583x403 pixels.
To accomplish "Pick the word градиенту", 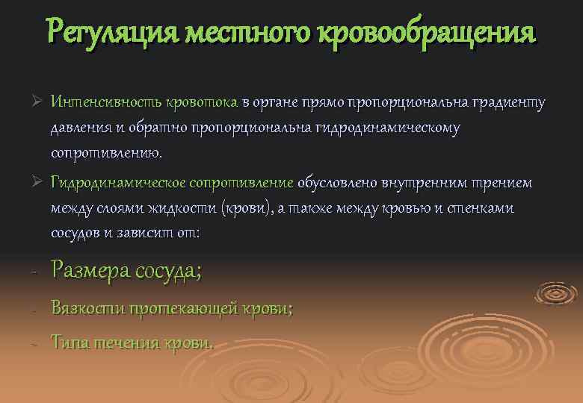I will click(x=500, y=102).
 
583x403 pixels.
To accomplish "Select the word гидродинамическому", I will click(x=389, y=128).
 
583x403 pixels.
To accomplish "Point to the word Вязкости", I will click(x=87, y=307).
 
